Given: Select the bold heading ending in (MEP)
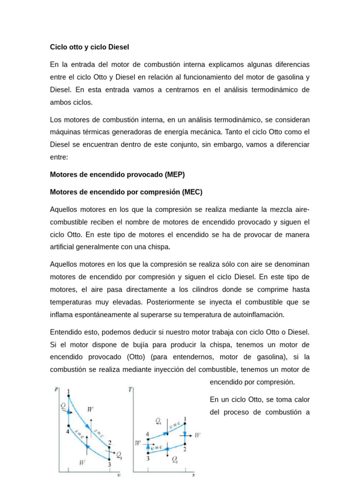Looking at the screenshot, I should [117, 174].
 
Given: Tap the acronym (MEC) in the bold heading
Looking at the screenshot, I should [192, 192].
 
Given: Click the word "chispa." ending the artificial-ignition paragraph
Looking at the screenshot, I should [158, 247].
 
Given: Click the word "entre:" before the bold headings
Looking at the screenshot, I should [59, 157].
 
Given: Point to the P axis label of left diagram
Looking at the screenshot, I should [56, 389].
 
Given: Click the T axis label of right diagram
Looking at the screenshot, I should [129, 389].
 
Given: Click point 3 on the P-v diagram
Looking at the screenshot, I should [109, 465].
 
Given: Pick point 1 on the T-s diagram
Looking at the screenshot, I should [185, 419].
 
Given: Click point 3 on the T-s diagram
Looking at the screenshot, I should [148, 458].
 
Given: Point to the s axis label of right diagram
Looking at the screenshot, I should [193, 475].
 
